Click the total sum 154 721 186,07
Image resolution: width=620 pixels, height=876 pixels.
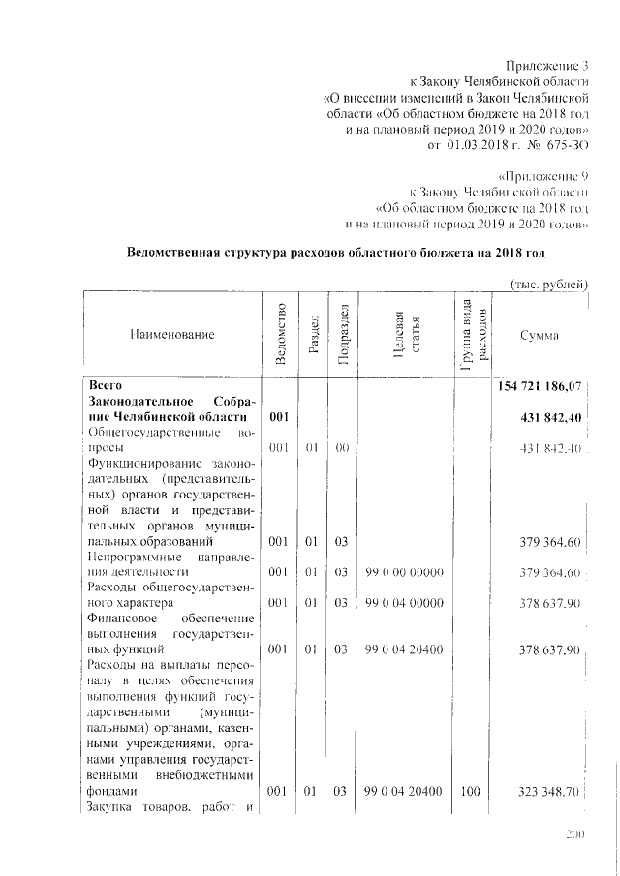coord(539,386)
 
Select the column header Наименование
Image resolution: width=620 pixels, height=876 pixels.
coord(170,334)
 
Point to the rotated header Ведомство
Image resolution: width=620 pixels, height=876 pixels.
coord(280,334)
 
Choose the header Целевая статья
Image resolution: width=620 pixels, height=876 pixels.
coord(404,335)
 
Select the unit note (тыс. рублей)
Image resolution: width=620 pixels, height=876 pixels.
coord(548,284)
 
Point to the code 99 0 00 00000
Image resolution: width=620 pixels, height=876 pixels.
coord(404,573)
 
